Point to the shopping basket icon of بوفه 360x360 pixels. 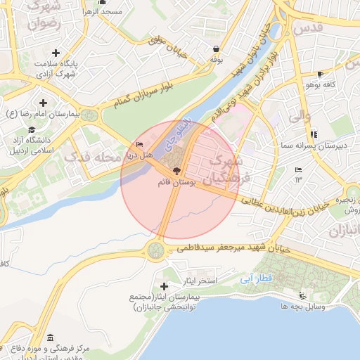(216, 49)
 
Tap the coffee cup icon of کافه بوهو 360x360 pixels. (320, 74)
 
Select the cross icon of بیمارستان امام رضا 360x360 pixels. (44, 103)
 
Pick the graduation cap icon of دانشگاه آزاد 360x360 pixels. (31, 129)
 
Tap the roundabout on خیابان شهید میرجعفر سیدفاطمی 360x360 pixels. (155, 249)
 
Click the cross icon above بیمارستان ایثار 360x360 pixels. (165, 286)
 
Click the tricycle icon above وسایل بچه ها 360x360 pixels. (302, 296)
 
